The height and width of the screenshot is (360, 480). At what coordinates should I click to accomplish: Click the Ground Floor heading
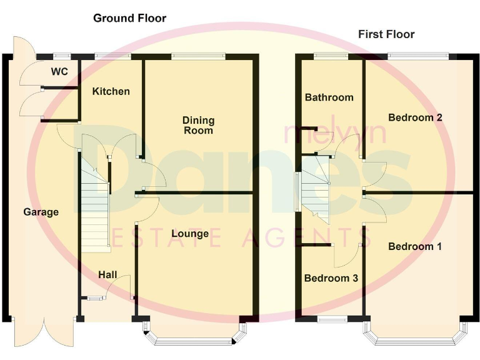[129, 18]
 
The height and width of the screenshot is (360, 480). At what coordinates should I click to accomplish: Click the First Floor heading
[386, 34]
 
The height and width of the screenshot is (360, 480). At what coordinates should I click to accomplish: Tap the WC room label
[59, 72]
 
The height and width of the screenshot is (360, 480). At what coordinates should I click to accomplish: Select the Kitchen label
[111, 91]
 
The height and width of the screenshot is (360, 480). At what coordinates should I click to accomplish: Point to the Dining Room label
[198, 125]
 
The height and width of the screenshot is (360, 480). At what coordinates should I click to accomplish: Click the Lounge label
[190, 234]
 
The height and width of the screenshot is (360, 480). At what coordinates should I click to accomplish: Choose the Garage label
[41, 212]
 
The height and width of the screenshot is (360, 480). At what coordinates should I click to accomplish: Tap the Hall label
[107, 275]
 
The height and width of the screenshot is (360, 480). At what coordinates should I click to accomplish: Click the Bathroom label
[329, 97]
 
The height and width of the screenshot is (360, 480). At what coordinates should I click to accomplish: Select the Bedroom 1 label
[415, 246]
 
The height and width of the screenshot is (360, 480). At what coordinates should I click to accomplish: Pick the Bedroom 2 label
[415, 117]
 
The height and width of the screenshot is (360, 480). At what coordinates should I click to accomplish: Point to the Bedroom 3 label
[331, 278]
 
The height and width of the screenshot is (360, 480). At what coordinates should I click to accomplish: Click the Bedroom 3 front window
[331, 319]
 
